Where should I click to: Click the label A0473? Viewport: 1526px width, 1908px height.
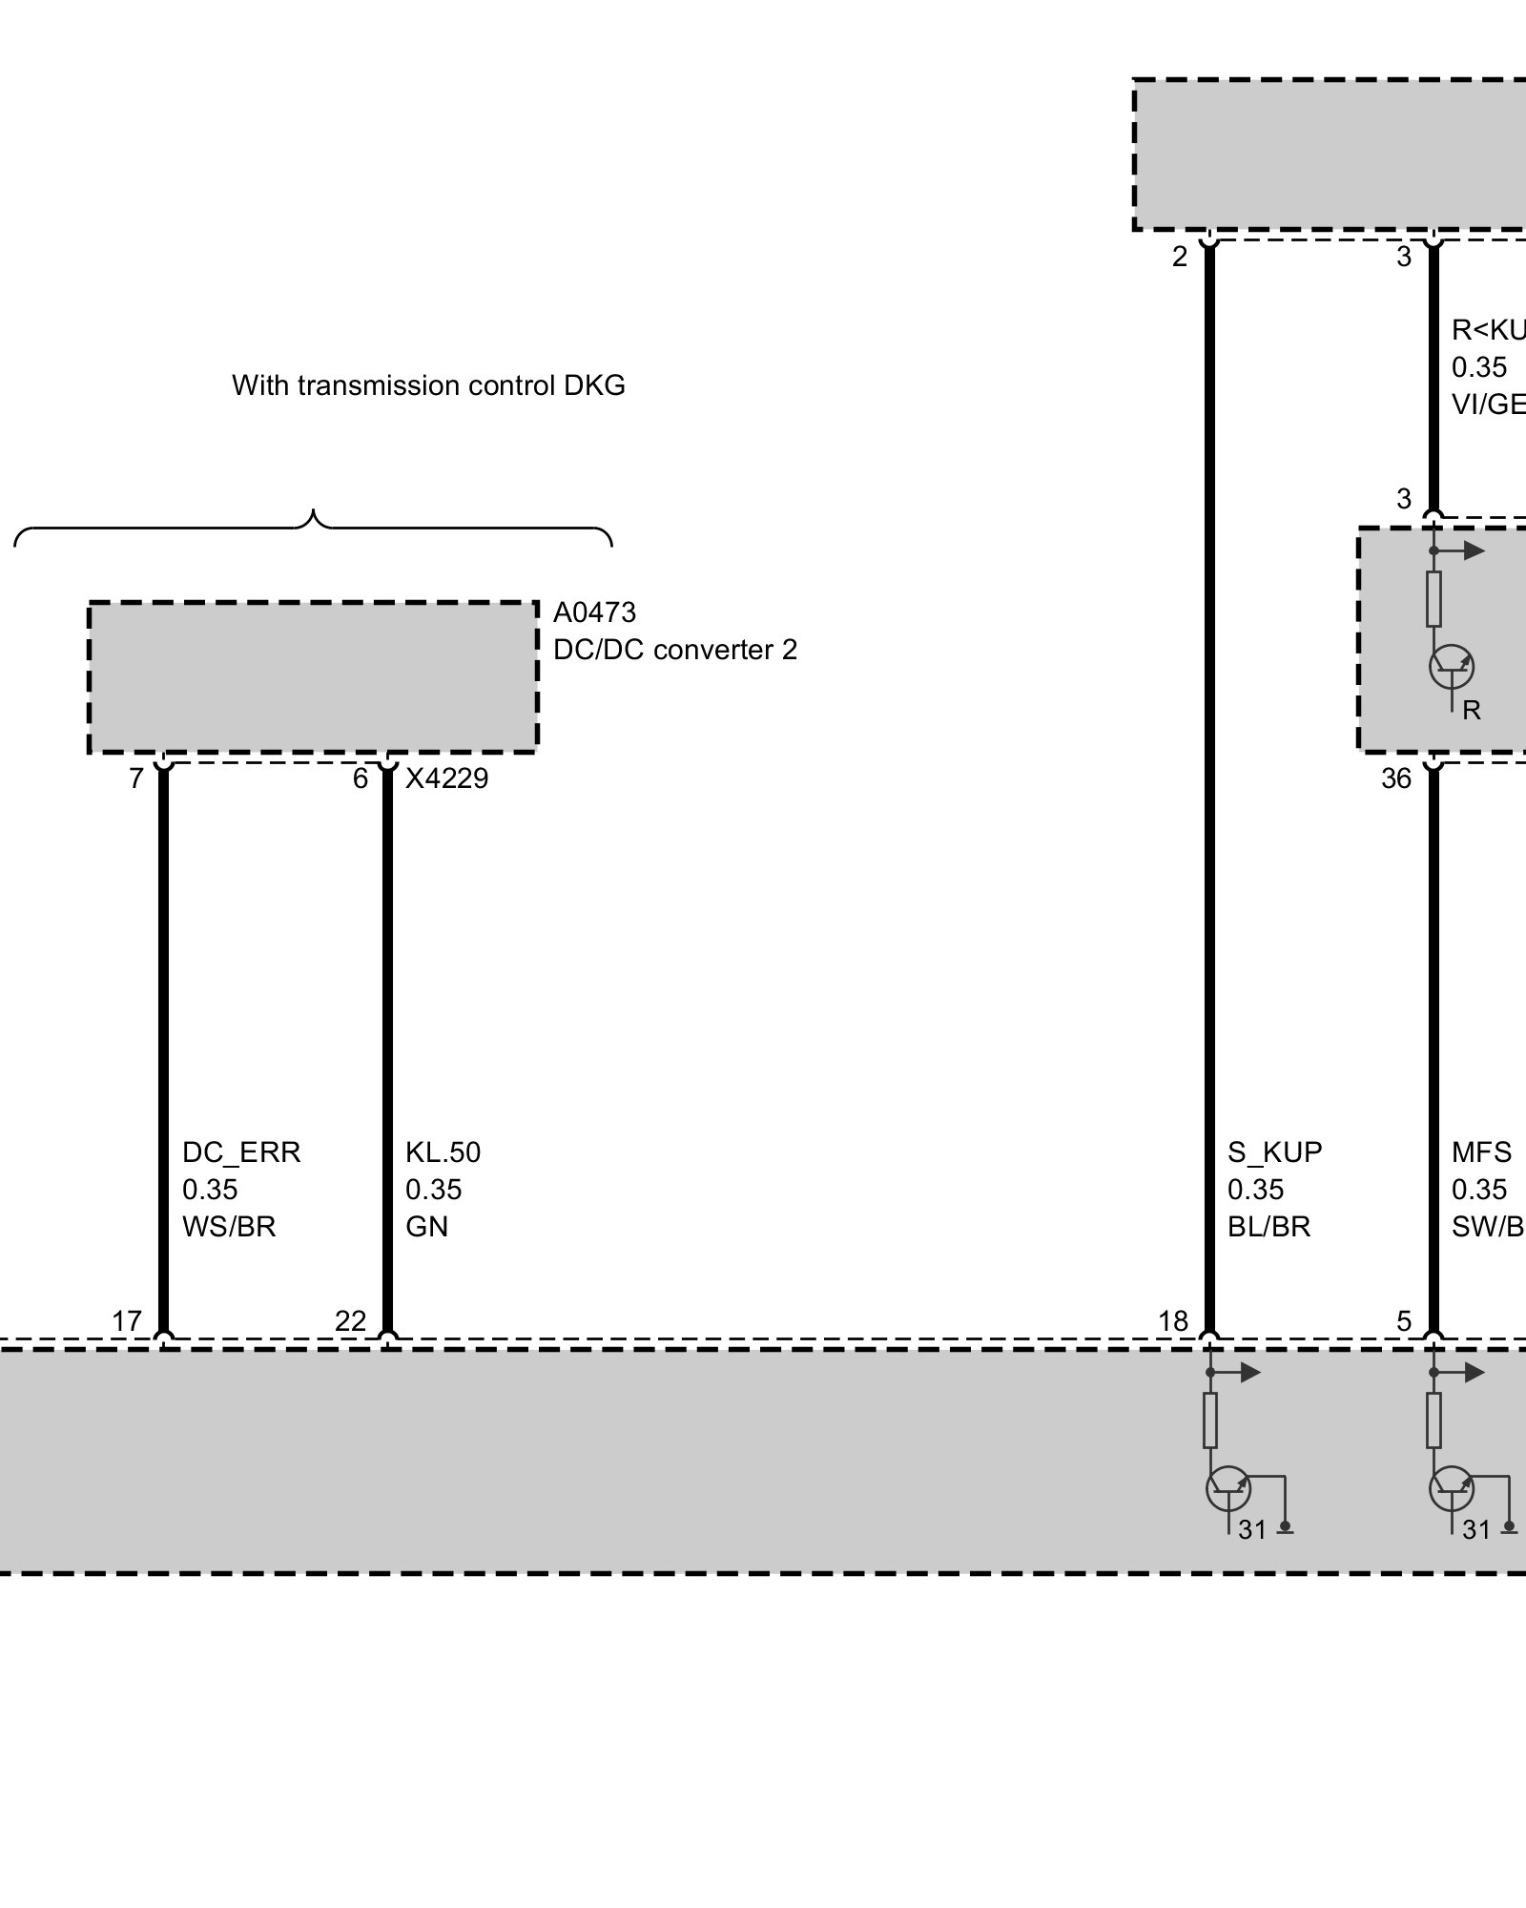(593, 612)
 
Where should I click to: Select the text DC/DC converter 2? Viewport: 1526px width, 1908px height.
(674, 650)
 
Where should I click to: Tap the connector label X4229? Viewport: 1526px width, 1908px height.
(446, 778)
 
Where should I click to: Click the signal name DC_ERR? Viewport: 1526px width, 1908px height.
(240, 1152)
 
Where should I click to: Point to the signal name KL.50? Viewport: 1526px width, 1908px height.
(443, 1152)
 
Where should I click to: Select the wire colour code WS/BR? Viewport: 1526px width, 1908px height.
(229, 1227)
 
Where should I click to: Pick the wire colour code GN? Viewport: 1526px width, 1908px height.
(426, 1227)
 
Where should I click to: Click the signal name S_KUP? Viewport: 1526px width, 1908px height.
(1274, 1152)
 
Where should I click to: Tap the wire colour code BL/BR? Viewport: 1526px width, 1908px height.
(1268, 1227)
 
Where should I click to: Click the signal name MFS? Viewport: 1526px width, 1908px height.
(1480, 1152)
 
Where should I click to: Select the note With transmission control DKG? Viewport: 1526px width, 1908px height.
(428, 385)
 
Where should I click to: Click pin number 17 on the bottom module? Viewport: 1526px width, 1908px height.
(127, 1321)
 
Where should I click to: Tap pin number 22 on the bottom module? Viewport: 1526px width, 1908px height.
(350, 1321)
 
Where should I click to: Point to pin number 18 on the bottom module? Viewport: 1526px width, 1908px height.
(1173, 1321)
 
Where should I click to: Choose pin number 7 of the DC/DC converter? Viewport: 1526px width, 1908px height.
(136, 779)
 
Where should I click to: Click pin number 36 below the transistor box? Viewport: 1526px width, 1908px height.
(1395, 779)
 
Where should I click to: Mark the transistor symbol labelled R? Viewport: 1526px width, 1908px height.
(1451, 666)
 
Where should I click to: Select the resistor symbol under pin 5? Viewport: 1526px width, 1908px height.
(1433, 1421)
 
